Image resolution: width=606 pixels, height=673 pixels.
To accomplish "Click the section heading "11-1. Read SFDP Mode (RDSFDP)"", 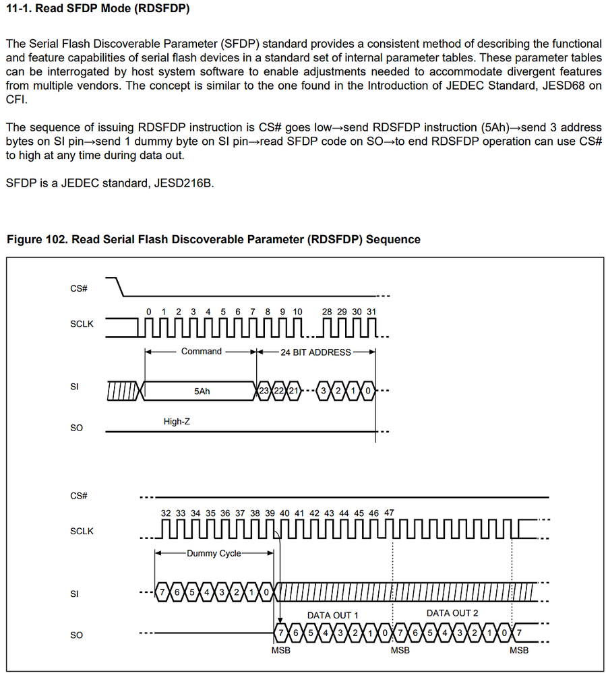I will pyautogui.click(x=97, y=10).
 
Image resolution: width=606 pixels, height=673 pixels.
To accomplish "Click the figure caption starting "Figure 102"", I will pyautogui.click(x=212, y=239).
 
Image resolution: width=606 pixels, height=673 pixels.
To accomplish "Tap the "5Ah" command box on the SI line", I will pyautogui.click(x=202, y=391).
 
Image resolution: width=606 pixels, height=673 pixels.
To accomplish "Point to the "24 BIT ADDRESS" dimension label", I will pyautogui.click(x=315, y=352).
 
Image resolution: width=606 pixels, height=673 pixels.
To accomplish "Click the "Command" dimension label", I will pyautogui.click(x=201, y=352).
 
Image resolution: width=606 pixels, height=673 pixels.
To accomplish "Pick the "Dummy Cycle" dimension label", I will pyautogui.click(x=214, y=553).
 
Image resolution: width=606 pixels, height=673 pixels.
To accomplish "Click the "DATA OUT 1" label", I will pyautogui.click(x=332, y=615).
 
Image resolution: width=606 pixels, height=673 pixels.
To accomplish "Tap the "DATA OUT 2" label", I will pyautogui.click(x=452, y=613).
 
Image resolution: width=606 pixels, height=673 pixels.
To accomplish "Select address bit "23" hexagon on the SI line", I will pyautogui.click(x=264, y=391).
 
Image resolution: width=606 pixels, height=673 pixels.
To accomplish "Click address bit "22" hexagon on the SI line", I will pyautogui.click(x=279, y=391).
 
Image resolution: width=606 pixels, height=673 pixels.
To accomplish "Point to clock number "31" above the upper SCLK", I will pyautogui.click(x=371, y=311).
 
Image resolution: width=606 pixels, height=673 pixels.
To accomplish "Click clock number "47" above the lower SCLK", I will pyautogui.click(x=389, y=513).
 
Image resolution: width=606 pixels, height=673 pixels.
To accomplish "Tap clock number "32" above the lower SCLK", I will pyautogui.click(x=166, y=513).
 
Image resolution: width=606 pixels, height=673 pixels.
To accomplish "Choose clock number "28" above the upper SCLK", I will pyautogui.click(x=327, y=311).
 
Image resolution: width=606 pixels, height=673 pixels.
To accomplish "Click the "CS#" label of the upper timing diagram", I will pyautogui.click(x=79, y=289).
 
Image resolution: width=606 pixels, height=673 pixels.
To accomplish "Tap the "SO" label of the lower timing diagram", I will pyautogui.click(x=76, y=635).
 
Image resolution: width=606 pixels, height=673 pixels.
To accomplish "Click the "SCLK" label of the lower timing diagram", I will pyautogui.click(x=82, y=531).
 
